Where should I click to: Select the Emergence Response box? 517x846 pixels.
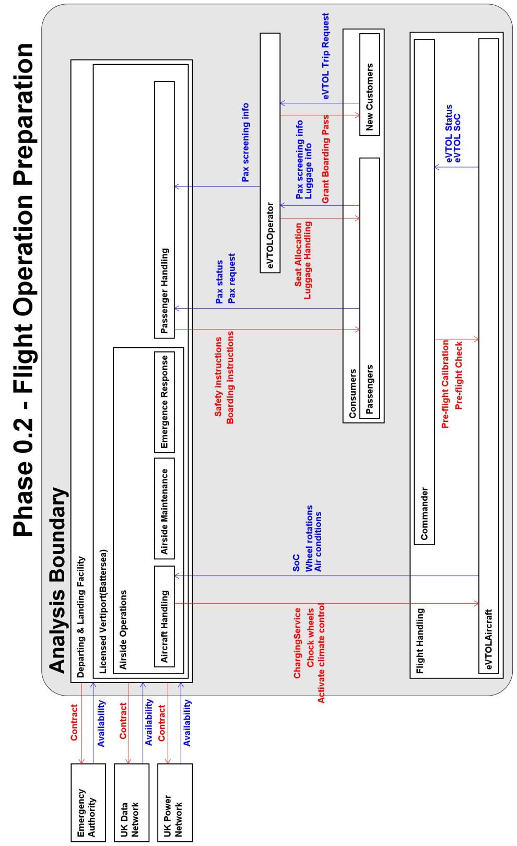tap(164, 402)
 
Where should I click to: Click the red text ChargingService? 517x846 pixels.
tap(297, 643)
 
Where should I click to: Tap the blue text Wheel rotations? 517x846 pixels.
tap(309, 538)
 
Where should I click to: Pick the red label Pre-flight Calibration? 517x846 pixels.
tap(445, 384)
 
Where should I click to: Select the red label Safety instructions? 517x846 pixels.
tap(218, 377)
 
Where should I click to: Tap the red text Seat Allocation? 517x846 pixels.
tap(298, 255)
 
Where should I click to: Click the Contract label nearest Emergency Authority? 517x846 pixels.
tap(74, 722)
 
